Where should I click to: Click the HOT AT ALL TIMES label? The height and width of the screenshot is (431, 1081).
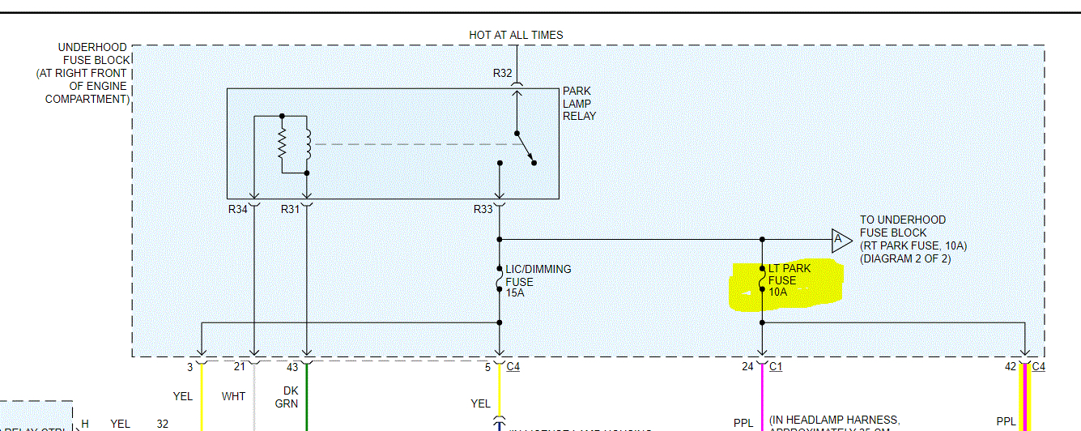516,35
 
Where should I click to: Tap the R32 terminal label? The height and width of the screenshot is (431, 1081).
503,74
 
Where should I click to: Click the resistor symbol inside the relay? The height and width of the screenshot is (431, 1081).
282,145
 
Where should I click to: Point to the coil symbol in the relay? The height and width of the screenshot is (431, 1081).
308,145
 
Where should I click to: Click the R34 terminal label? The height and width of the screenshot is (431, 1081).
237,209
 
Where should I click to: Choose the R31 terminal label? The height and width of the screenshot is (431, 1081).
290,209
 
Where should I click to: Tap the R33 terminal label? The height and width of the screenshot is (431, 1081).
483,209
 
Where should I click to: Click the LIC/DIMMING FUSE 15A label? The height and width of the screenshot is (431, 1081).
538,281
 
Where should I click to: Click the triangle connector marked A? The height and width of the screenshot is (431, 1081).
840,239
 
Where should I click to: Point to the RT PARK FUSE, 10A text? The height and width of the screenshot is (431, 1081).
915,245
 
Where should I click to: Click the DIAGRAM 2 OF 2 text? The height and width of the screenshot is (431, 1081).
905,258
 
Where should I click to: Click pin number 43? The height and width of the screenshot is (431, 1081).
292,367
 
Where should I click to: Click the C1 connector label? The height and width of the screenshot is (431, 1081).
775,367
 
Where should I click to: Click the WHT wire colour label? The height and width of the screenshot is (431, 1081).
233,397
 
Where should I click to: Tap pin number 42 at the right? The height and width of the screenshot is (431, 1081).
1010,367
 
